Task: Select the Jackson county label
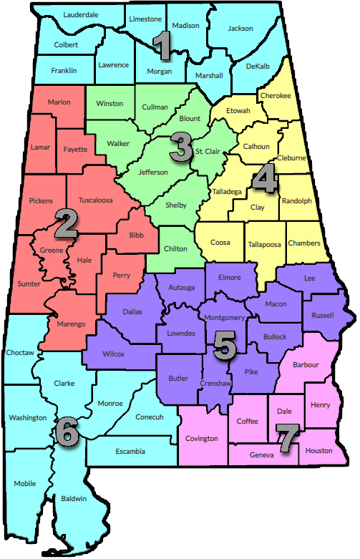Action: click(240, 29)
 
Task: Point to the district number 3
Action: click(180, 147)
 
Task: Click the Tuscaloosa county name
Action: click(96, 200)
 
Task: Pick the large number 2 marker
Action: click(66, 224)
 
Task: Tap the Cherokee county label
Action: click(276, 95)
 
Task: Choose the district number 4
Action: click(265, 180)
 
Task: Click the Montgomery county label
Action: click(225, 317)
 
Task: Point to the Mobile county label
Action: click(25, 484)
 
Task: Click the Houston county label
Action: click(318, 450)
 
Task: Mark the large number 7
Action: click(286, 439)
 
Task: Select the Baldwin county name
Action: click(74, 498)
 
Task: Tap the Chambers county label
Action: click(304, 243)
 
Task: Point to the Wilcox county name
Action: click(113, 354)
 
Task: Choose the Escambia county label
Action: click(130, 451)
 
